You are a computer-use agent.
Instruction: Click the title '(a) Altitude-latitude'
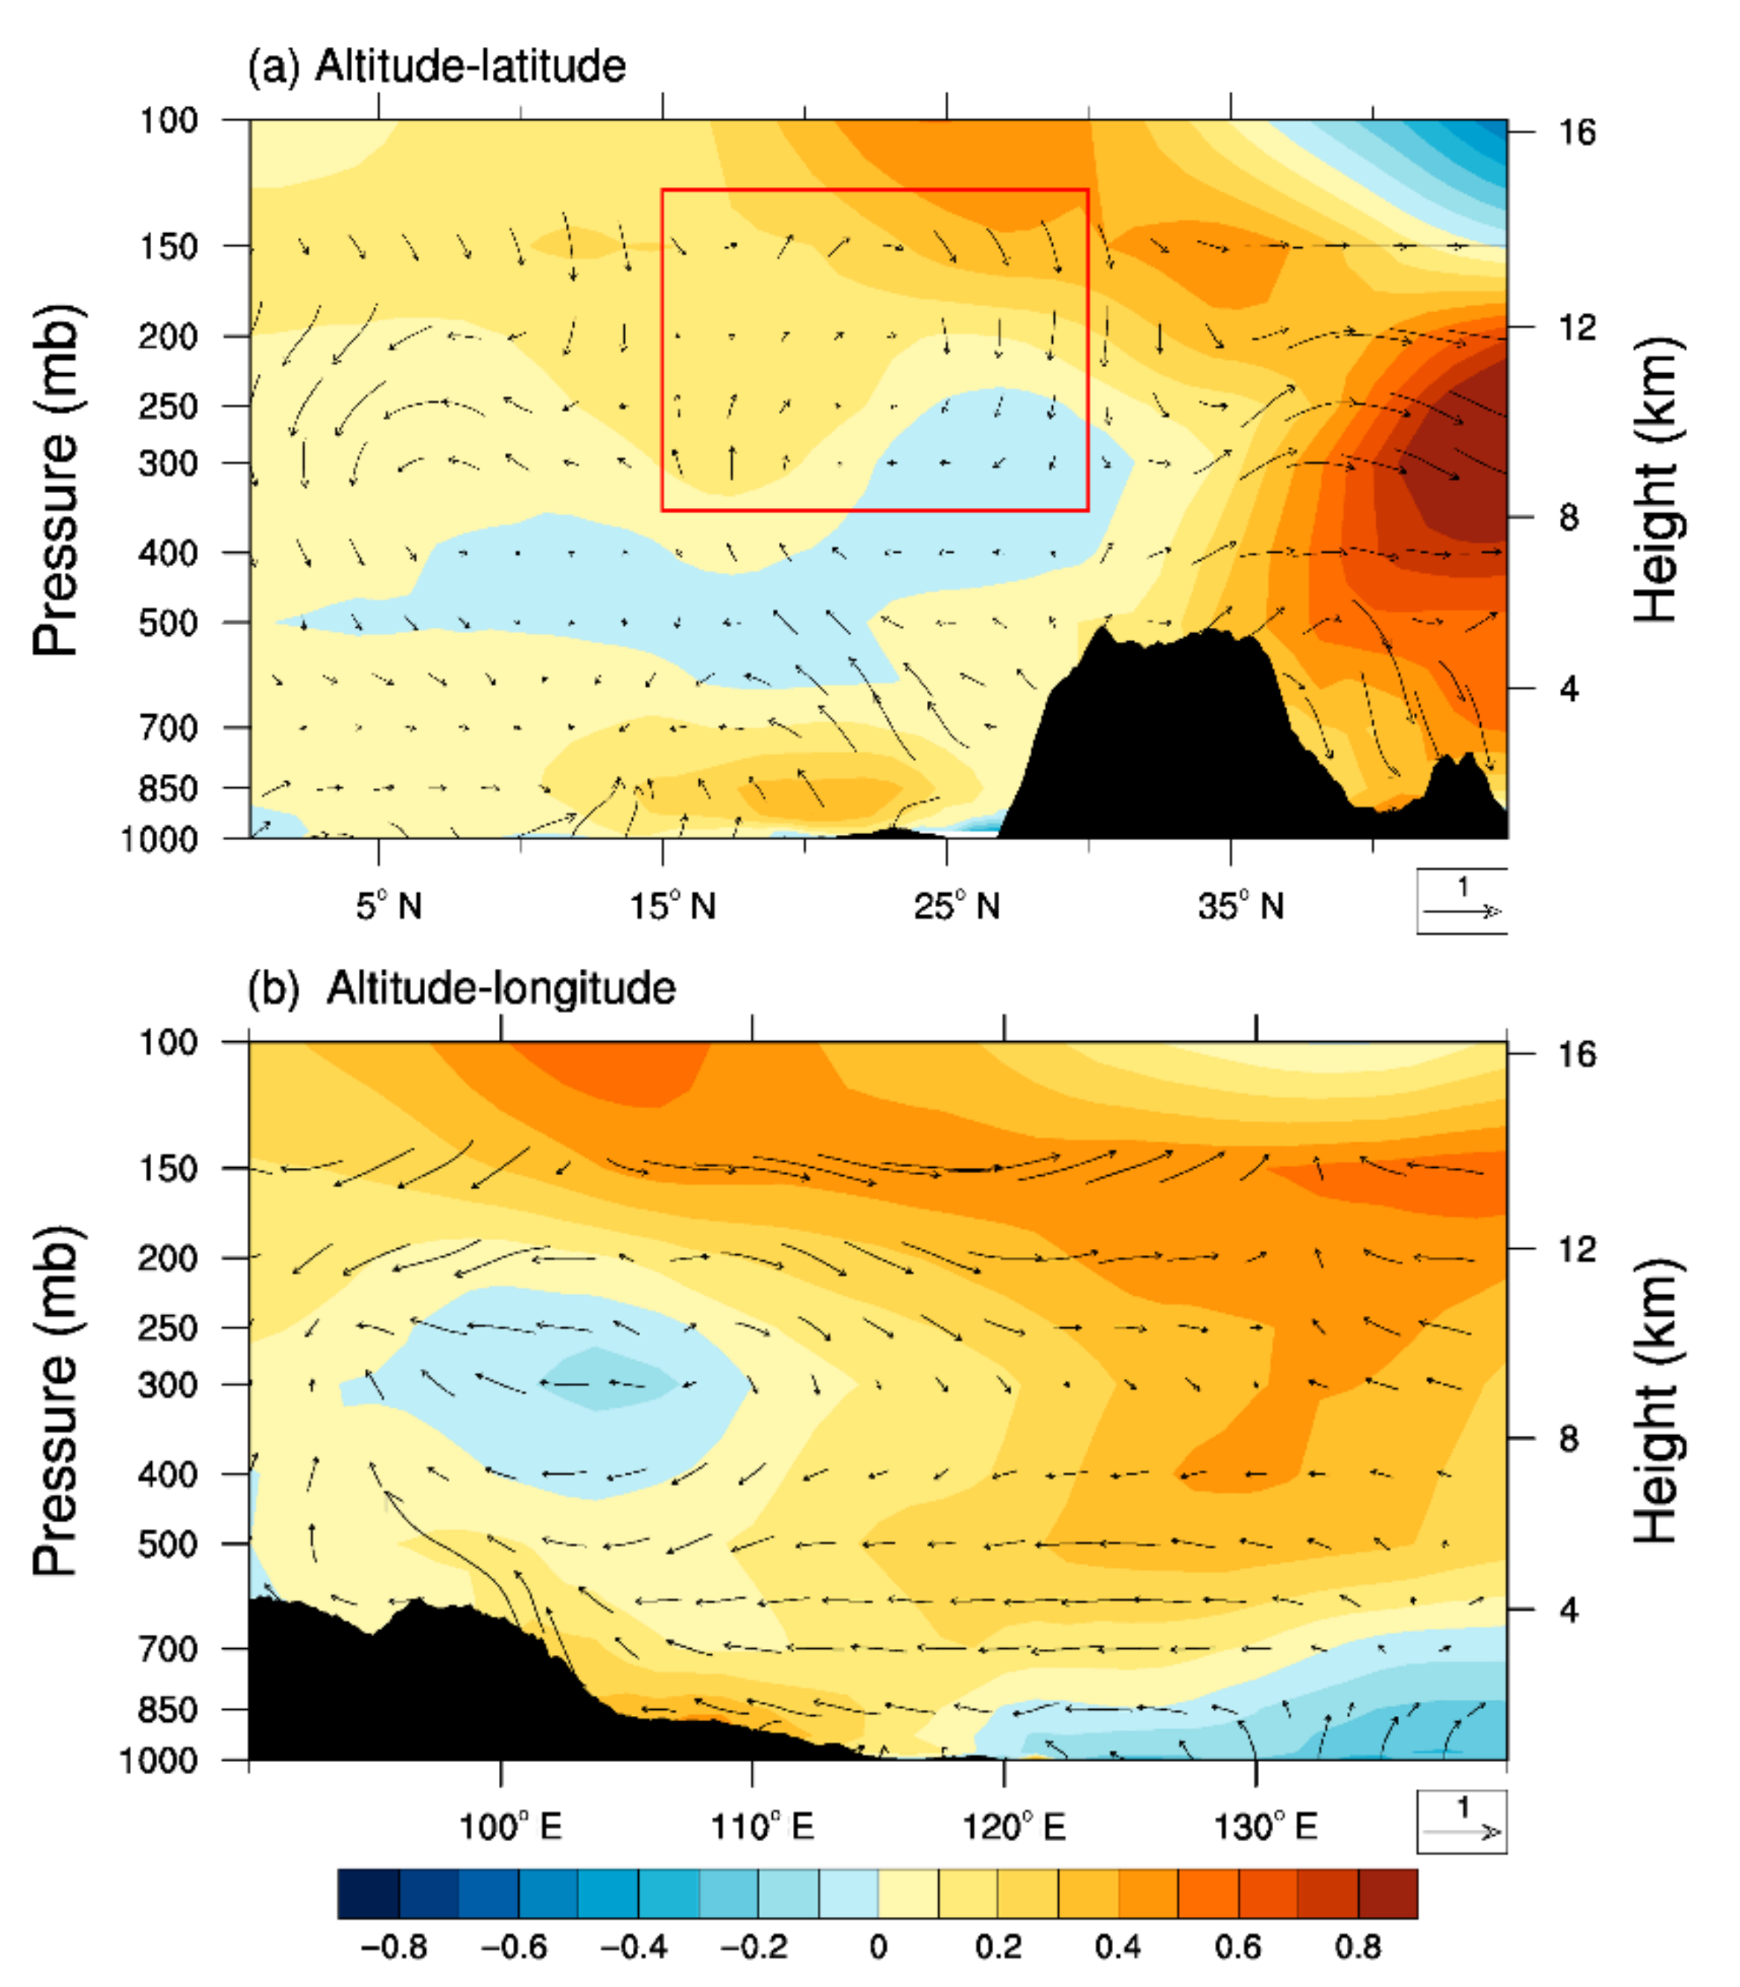click(x=437, y=67)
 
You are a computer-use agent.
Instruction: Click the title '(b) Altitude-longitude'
click(x=461, y=988)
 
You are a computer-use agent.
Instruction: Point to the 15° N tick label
click(x=672, y=906)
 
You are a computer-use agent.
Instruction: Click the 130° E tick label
click(x=1265, y=1828)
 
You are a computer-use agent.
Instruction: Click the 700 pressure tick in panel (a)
click(x=169, y=728)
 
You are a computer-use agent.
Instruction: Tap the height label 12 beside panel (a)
click(x=1577, y=327)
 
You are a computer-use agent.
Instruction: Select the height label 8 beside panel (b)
click(x=1569, y=1438)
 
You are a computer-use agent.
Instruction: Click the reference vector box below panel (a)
click(x=1462, y=900)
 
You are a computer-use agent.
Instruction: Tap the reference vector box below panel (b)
click(x=1462, y=1822)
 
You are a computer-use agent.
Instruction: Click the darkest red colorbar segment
click(x=1388, y=1894)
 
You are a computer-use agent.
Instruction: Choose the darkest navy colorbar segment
click(x=368, y=1894)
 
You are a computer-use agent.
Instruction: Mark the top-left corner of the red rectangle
click(x=662, y=189)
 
